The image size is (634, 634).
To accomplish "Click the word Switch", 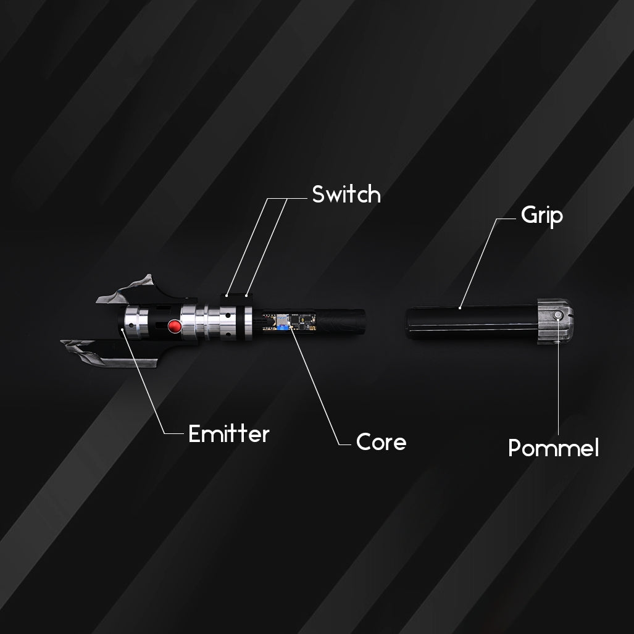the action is point(346,194).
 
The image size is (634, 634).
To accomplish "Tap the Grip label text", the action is point(542,215).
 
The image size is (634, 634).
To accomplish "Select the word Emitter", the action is point(229,434).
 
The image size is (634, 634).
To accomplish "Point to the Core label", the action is point(382,442).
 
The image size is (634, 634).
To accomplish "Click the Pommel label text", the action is point(553,448).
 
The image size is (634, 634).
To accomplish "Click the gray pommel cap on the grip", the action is point(555,321).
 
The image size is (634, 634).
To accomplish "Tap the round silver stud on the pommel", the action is point(558,315).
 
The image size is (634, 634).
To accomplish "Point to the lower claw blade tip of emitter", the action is point(64,343).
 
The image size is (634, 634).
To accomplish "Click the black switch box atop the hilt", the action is point(236,299).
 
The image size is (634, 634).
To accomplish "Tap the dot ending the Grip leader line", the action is point(460,308).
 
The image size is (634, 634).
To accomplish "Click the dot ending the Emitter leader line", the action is point(122,329).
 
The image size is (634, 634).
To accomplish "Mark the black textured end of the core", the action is point(341,321).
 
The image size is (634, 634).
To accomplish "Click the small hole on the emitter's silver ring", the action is point(131,325).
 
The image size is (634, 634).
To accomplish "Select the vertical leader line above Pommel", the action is point(559,377).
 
